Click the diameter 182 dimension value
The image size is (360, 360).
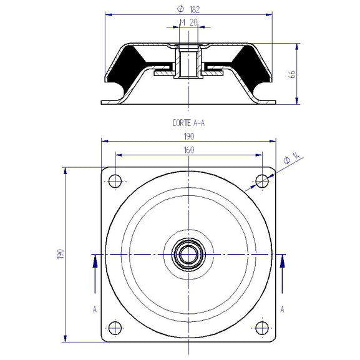[188, 9]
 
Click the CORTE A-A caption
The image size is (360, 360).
[187, 123]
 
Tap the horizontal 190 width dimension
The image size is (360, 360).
[188, 136]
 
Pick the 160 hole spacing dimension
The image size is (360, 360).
[188, 150]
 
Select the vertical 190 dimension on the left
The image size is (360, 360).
[60, 255]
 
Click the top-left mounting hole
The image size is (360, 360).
[114, 182]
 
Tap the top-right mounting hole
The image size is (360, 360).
[262, 182]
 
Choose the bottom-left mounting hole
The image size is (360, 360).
[114, 328]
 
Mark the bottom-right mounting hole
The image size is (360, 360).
[262, 328]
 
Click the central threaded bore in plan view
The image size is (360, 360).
[188, 255]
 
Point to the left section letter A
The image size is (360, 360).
[94, 309]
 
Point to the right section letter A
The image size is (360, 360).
[283, 309]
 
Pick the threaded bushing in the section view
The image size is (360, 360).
[188, 62]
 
